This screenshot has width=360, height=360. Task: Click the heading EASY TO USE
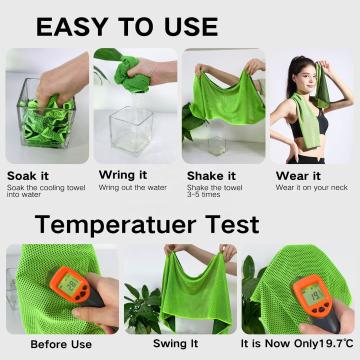click(x=127, y=26)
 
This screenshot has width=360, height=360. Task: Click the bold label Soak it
click(x=28, y=176)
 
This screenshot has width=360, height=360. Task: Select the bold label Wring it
click(x=123, y=175)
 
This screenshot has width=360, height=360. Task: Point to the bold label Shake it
click(x=211, y=176)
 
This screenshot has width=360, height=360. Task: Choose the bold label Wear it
click(x=299, y=176)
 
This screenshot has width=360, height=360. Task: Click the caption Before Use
click(x=61, y=344)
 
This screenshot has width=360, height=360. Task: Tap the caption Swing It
click(x=175, y=344)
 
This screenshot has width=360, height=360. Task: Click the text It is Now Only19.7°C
click(x=296, y=344)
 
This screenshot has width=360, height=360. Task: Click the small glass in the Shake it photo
click(x=216, y=146)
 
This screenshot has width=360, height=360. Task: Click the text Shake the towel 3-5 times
click(x=214, y=191)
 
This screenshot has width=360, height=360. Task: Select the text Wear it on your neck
click(x=311, y=188)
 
